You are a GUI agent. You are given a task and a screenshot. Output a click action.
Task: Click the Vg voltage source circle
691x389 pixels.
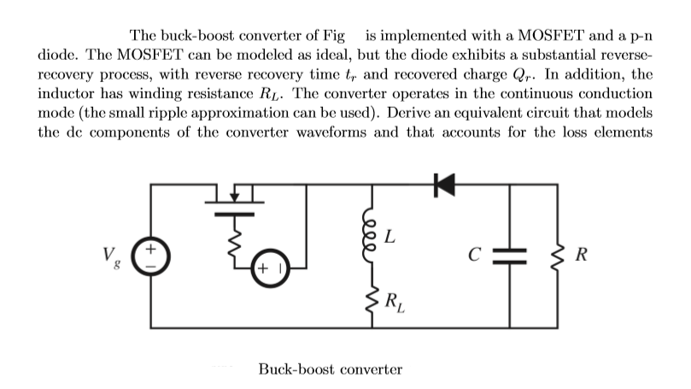click(x=153, y=255)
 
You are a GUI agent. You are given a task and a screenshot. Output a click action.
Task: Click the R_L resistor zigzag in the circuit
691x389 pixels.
click(x=370, y=299)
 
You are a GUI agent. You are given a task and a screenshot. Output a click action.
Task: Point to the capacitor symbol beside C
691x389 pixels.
click(x=510, y=255)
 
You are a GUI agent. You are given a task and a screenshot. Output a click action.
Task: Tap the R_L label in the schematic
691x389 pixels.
click(x=395, y=300)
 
